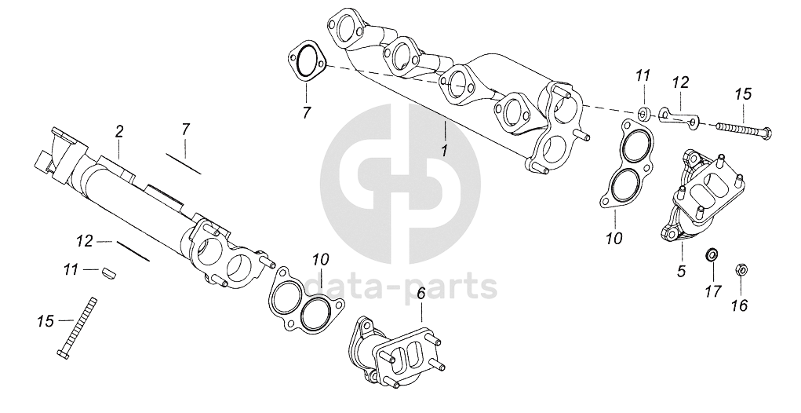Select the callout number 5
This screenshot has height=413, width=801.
681,272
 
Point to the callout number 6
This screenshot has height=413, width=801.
421,294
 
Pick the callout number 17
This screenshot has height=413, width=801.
712,292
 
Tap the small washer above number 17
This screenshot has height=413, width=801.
712,255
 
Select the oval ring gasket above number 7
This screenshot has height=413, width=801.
306,63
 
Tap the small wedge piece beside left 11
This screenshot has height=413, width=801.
108,272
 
